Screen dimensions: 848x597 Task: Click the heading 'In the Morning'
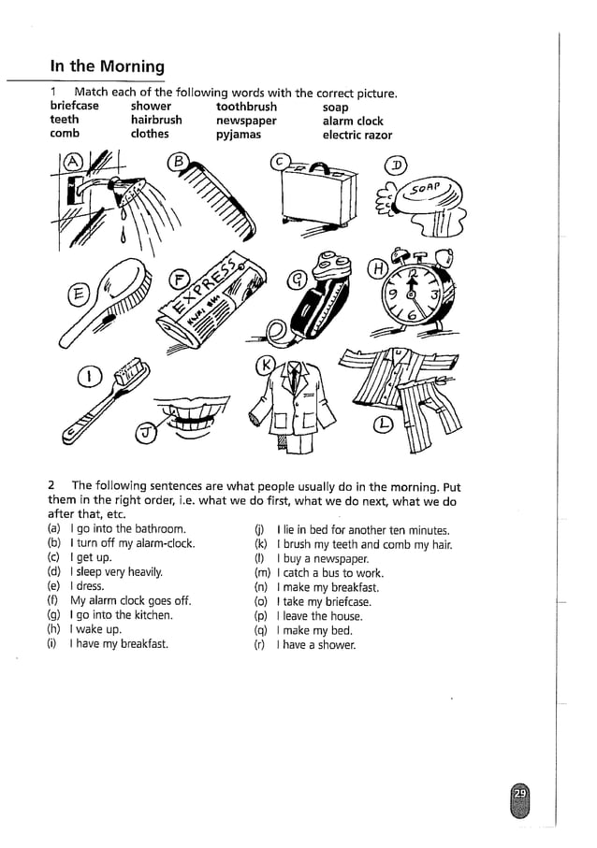click(x=107, y=66)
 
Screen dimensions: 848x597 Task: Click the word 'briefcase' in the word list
click(x=74, y=106)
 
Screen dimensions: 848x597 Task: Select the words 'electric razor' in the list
click(x=357, y=135)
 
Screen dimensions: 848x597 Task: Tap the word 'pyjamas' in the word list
click(x=238, y=135)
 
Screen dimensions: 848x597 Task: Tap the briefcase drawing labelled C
click(x=317, y=197)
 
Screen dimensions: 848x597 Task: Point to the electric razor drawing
click(x=318, y=299)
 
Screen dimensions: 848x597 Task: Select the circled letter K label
click(x=267, y=365)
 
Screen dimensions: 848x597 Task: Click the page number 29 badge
click(x=521, y=795)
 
